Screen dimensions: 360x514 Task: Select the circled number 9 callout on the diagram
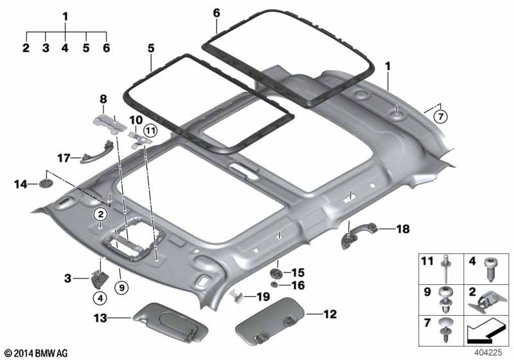click(x=120, y=287)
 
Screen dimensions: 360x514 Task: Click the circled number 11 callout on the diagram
click(x=150, y=131)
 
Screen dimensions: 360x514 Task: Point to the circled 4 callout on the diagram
click(x=100, y=298)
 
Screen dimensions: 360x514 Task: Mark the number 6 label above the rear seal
click(x=217, y=13)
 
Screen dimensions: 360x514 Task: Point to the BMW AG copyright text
click(x=35, y=353)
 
